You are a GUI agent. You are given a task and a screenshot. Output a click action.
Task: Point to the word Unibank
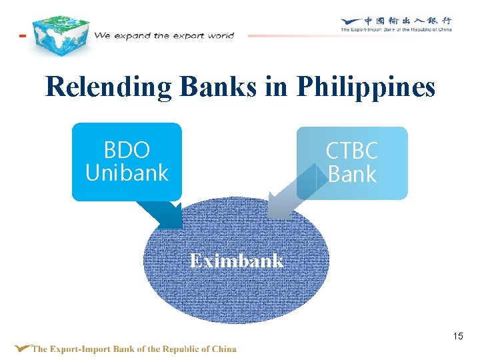pos(127,173)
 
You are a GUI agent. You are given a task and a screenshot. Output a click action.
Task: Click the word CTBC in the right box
pos(352,151)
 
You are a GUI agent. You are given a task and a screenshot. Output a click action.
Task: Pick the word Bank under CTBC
pos(352,175)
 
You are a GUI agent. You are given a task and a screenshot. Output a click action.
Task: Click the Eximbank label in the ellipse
pos(236,261)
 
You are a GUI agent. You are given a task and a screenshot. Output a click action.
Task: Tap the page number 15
pos(457,336)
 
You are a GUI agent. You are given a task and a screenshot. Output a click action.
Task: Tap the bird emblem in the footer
pos(23,348)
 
